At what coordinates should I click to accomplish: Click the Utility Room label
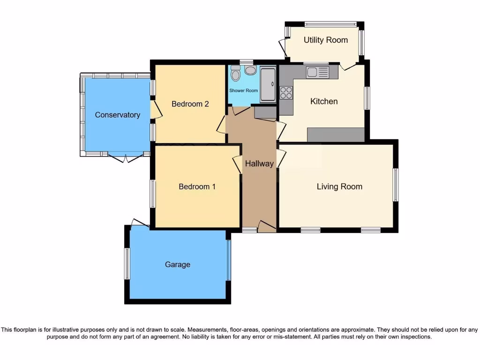[325, 40]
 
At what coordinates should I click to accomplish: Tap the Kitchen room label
[324, 101]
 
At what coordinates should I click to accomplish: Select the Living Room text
[339, 187]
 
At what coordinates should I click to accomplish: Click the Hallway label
[259, 164]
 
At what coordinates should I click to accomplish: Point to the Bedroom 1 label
[197, 187]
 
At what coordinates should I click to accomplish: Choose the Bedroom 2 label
[190, 104]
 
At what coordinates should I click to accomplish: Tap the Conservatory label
[117, 115]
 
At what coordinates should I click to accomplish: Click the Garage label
[178, 264]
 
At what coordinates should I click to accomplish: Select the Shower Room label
[243, 90]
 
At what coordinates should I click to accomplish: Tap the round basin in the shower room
[250, 71]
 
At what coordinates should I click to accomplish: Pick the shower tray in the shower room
[268, 85]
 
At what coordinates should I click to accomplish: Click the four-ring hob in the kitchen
[286, 93]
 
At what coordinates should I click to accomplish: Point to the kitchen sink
[318, 72]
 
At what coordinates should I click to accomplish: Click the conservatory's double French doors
[126, 157]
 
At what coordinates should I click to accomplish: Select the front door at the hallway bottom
[267, 226]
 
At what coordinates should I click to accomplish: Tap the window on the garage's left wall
[127, 263]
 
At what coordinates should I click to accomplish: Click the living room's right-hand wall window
[396, 185]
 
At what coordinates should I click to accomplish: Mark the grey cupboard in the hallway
[265, 112]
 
